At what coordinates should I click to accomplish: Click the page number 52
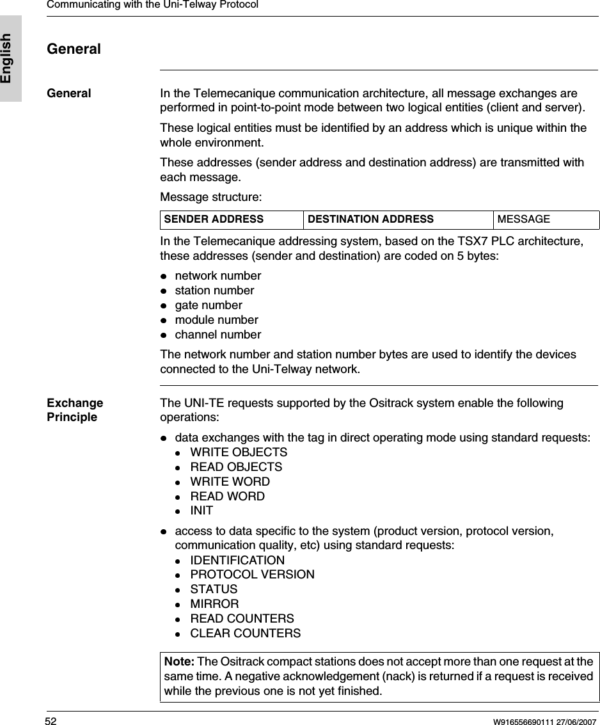point(51,721)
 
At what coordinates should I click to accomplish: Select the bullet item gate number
point(209,305)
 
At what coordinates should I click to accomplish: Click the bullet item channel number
point(217,335)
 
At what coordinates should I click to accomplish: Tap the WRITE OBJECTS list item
point(239,452)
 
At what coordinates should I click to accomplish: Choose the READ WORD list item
point(227,496)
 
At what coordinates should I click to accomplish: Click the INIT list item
point(201,511)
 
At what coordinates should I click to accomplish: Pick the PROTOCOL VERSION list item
point(252,575)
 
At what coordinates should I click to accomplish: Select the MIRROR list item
point(214,604)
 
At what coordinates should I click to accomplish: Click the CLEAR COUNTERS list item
point(245,633)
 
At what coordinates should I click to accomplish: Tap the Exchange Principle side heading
point(74,410)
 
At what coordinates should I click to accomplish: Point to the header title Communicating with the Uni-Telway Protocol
point(152,4)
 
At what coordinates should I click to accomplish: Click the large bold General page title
point(74,49)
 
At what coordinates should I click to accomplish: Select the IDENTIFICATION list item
point(237,560)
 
